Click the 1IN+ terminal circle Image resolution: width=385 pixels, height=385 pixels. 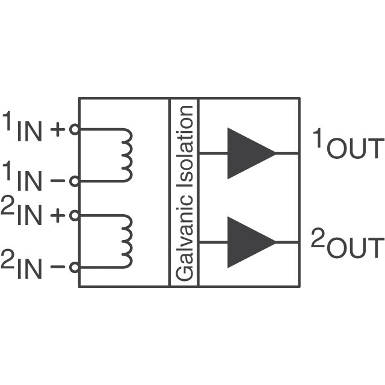click(75, 129)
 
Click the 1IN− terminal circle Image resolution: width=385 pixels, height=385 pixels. click(75, 180)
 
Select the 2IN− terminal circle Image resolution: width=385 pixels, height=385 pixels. click(75, 267)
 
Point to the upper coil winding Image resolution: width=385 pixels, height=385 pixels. click(126, 155)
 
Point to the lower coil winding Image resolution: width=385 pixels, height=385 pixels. click(126, 241)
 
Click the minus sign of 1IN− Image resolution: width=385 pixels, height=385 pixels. click(58, 180)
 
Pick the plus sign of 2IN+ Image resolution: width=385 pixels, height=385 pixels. click(58, 215)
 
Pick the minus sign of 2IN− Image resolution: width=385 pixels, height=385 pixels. click(58, 267)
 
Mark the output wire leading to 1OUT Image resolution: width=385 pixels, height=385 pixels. click(288, 153)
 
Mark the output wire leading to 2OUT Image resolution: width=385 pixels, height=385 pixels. click(288, 242)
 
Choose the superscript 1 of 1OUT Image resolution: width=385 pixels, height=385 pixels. click(318, 138)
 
